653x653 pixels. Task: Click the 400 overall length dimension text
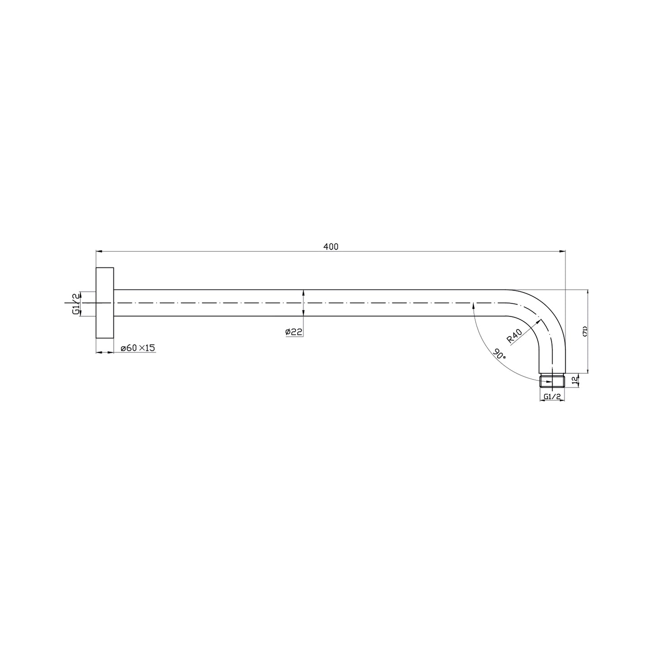click(331, 247)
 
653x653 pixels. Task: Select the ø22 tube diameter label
click(294, 332)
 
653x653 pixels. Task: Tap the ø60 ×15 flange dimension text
click(138, 348)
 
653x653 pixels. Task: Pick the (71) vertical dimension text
click(585, 331)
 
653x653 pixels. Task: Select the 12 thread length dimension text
click(574, 380)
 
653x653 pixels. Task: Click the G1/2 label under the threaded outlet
click(552, 396)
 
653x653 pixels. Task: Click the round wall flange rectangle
click(105, 303)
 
